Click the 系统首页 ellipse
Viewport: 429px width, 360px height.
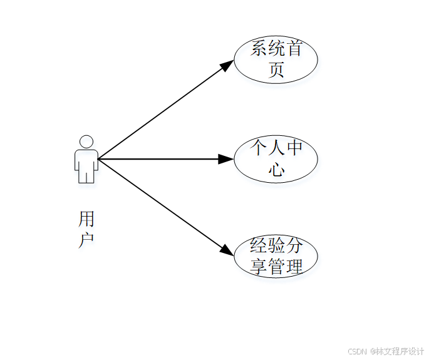click(x=276, y=59)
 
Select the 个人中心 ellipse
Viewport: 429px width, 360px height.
click(x=276, y=159)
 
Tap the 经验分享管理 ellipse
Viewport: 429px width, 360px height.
click(x=276, y=256)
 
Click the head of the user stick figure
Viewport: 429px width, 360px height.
click(x=86, y=141)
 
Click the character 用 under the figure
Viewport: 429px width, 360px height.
click(x=86, y=219)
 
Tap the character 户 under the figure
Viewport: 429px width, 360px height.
click(x=86, y=240)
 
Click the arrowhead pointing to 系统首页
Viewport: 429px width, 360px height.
click(x=228, y=64)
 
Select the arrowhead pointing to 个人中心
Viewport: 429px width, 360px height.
click(x=226, y=159)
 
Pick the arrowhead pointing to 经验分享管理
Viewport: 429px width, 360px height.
click(x=228, y=250)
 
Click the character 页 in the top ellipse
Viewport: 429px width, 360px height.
click(x=276, y=70)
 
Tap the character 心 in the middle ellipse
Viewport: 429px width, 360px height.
click(x=276, y=170)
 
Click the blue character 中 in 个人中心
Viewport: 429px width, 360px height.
click(x=294, y=148)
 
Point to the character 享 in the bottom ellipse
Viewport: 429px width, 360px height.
click(x=259, y=267)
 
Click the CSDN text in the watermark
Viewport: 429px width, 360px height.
click(x=356, y=351)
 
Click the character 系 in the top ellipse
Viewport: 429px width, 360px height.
click(x=259, y=49)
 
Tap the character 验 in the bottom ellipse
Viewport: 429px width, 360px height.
click(x=276, y=245)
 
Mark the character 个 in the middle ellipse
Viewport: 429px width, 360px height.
click(x=259, y=148)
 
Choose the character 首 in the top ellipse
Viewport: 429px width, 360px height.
click(x=294, y=49)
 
